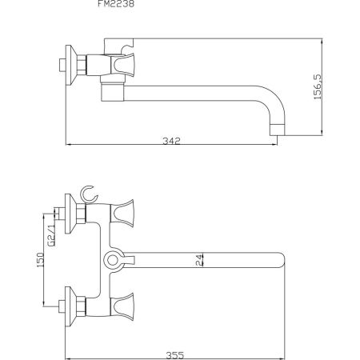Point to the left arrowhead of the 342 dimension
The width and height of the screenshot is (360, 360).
(x=67, y=145)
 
